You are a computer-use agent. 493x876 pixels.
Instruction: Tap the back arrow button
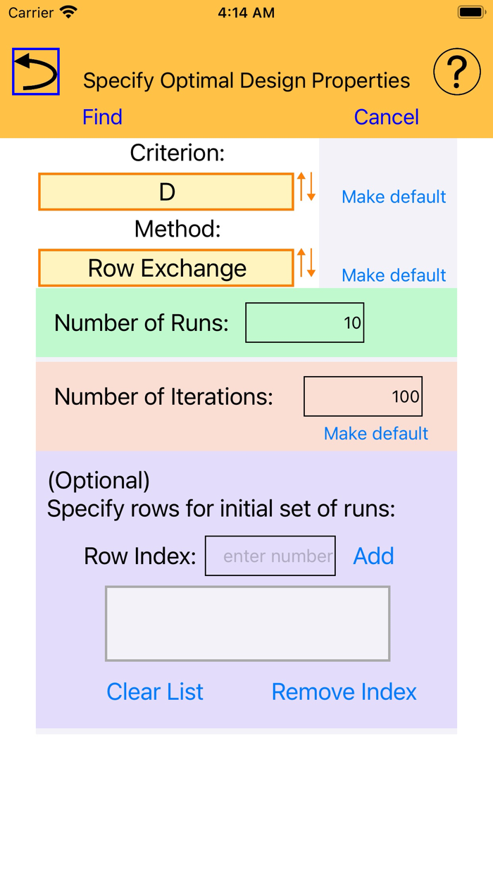pos(36,72)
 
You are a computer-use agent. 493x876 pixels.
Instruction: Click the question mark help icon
pos(457,72)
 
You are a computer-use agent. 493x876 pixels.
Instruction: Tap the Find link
pos(102,117)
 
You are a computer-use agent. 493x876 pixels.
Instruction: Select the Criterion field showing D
pos(166,192)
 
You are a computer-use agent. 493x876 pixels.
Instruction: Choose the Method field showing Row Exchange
pos(166,268)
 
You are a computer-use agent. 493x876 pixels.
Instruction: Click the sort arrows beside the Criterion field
pos(306,187)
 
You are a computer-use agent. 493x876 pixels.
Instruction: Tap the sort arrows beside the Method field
pos(306,263)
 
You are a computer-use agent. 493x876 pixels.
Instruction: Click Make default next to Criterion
pos(394,197)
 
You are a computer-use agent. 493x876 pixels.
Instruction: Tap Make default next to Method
pos(394,275)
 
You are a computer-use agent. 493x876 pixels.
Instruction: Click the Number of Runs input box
pos(304,323)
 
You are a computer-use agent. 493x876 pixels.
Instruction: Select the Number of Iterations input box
pos(363,396)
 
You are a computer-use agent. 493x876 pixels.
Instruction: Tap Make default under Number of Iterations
pos(376,434)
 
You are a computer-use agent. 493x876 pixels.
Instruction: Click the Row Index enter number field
pos(270,556)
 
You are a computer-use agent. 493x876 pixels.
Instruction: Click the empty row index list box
pos(247,624)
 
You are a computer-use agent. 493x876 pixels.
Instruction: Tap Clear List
pos(155,692)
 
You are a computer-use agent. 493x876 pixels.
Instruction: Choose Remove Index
pos(344,692)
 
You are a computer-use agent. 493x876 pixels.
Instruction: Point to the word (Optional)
pos(99,480)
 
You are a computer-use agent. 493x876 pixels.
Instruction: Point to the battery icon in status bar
pos(470,13)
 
